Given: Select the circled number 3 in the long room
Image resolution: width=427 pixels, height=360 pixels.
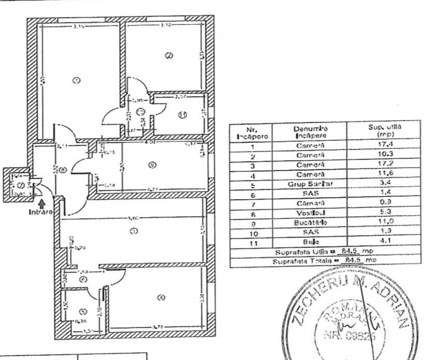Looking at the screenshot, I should pos(134,231).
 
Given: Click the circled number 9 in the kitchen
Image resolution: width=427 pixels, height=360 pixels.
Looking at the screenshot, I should pos(151,165).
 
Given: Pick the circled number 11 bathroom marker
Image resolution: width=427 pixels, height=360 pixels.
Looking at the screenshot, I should pos(182,115).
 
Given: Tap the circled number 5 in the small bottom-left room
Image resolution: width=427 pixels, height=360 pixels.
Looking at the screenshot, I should pos(83,311).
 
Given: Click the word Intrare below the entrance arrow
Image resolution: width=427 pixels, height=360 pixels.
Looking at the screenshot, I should pos(40,212).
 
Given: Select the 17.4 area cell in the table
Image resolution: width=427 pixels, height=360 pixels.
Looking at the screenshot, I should pos(382,146).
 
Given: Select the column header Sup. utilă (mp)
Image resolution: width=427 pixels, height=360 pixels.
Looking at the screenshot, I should pos(382,131).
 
